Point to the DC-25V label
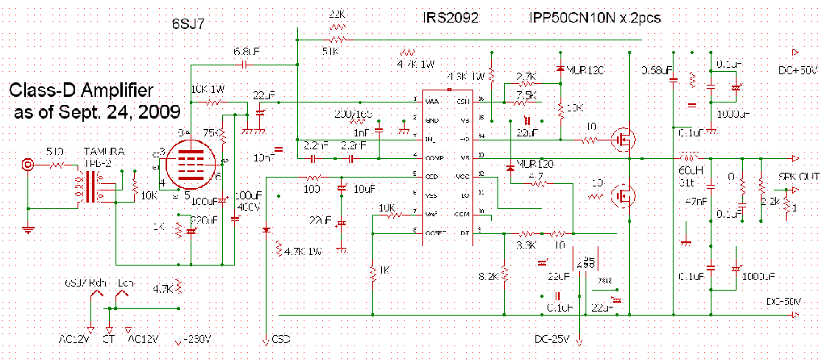tap(552, 338)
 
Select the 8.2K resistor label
tap(489, 276)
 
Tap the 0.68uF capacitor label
tap(657, 70)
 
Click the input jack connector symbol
tap(30, 165)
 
